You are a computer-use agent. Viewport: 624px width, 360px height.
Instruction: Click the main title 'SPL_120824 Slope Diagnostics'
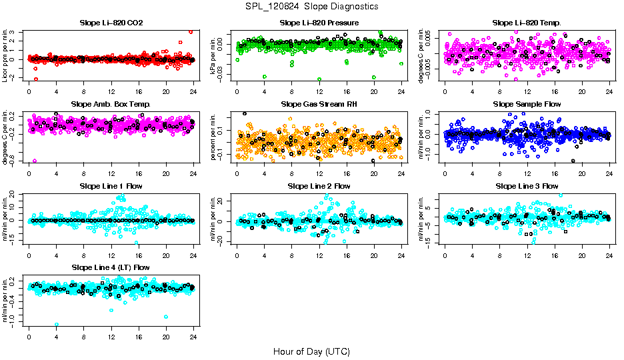[x=311, y=6]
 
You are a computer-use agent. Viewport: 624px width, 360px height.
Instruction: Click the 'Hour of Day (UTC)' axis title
[x=311, y=351]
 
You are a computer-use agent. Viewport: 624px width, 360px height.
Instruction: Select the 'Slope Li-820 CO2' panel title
[x=111, y=23]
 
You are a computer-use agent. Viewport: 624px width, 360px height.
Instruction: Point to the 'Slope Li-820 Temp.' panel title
[x=527, y=23]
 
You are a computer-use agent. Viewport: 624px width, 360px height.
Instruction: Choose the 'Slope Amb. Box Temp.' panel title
[x=111, y=105]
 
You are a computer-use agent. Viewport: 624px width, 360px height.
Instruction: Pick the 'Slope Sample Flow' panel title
[x=527, y=105]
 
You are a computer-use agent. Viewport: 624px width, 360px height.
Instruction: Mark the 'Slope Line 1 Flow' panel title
[x=111, y=186]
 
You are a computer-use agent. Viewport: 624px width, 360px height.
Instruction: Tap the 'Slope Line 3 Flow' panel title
[x=527, y=186]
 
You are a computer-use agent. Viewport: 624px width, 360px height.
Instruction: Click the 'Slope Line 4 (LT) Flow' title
[x=111, y=267]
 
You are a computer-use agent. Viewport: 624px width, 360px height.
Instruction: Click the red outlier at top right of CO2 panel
[x=191, y=31]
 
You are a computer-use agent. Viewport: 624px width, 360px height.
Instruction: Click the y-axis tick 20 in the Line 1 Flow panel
[x=22, y=195]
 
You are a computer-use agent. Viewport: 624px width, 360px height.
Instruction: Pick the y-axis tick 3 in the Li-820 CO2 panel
[x=22, y=31]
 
